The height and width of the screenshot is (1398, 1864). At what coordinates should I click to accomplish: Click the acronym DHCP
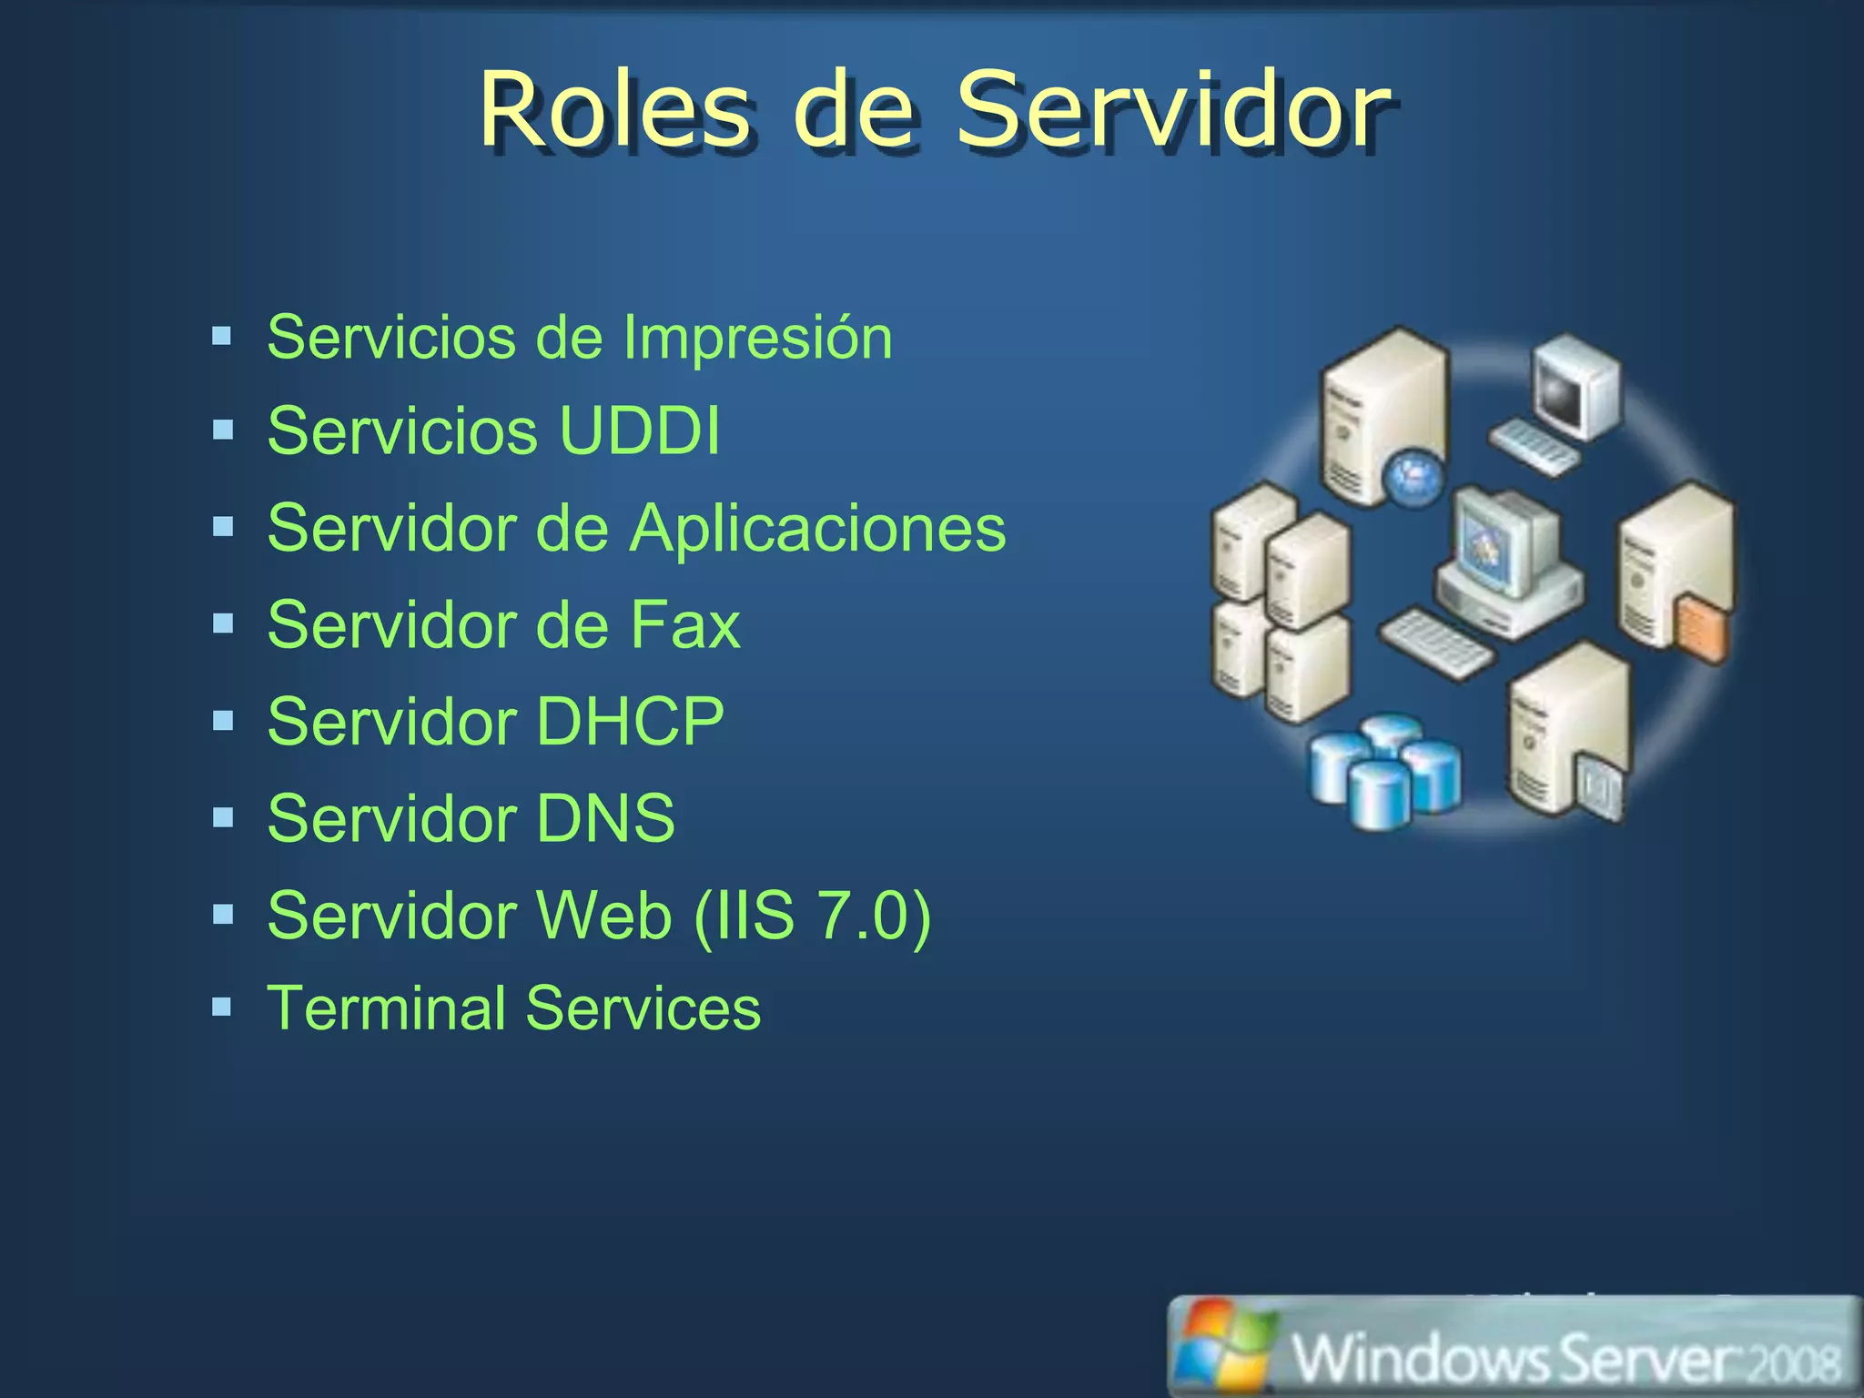[630, 722]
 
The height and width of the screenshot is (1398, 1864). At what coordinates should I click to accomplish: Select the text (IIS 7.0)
[812, 915]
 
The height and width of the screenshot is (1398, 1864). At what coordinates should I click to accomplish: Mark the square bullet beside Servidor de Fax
[223, 623]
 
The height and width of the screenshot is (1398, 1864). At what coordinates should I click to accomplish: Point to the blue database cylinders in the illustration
[1383, 769]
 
